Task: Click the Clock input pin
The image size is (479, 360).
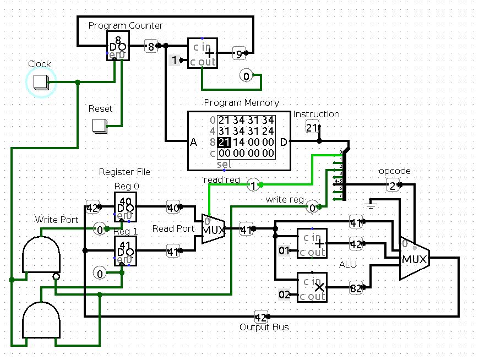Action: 40,82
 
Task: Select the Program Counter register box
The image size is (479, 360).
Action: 118,45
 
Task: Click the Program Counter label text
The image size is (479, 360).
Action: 126,25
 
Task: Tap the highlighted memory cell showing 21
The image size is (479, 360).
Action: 225,142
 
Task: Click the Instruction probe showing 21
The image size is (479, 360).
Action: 312,128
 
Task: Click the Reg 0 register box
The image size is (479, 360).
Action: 125,207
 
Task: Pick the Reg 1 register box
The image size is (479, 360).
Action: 125,251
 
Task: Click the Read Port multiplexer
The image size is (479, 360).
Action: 213,228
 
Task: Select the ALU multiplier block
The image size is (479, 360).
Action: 312,287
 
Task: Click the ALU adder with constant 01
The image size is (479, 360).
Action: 312,243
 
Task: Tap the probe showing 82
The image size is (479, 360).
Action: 356,287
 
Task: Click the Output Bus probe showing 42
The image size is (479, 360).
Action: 261,317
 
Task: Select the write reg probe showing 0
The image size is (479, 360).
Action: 312,207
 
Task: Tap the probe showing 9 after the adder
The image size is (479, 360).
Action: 239,53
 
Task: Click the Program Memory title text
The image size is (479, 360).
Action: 241,102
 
